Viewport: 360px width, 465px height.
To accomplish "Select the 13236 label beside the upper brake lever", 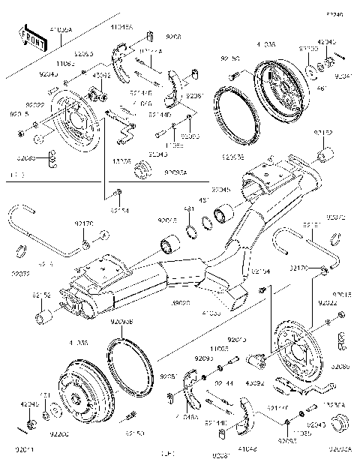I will tap(121, 160).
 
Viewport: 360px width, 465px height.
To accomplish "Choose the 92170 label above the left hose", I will tap(83, 223).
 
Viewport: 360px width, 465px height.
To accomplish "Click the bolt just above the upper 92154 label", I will tap(118, 196).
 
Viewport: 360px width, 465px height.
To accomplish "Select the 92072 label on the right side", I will tap(337, 218).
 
